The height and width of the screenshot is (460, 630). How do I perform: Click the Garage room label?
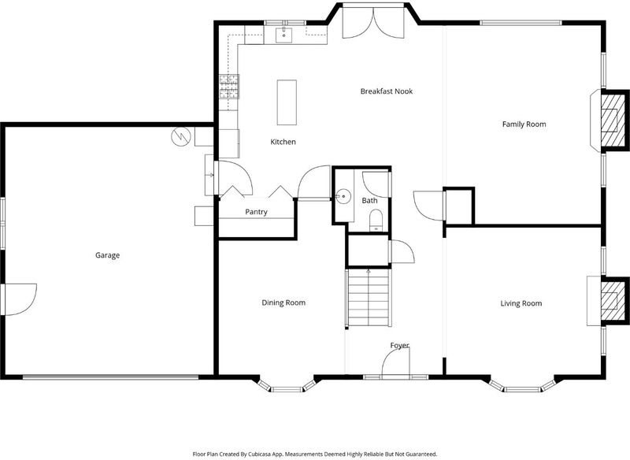pyautogui.click(x=107, y=255)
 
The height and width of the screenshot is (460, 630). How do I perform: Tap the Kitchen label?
pyautogui.click(x=283, y=142)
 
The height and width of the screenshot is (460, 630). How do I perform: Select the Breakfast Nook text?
pyautogui.click(x=387, y=91)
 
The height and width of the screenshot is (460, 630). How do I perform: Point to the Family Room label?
pyautogui.click(x=524, y=124)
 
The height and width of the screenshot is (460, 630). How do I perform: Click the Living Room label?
pyautogui.click(x=521, y=303)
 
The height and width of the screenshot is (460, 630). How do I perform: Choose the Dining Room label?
pyautogui.click(x=283, y=302)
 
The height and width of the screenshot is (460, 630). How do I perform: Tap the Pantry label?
pyautogui.click(x=257, y=212)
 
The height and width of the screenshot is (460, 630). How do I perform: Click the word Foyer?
pyautogui.click(x=399, y=345)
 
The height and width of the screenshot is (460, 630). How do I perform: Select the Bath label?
pyautogui.click(x=369, y=201)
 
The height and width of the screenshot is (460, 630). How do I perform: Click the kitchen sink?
pyautogui.click(x=284, y=35)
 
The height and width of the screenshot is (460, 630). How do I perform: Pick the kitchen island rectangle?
pyautogui.click(x=287, y=102)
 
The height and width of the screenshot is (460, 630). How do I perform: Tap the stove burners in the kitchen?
pyautogui.click(x=229, y=87)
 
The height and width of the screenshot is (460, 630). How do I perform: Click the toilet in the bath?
pyautogui.click(x=376, y=221)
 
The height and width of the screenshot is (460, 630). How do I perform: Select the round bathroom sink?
pyautogui.click(x=343, y=196)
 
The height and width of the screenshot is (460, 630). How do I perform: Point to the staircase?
pyautogui.click(x=369, y=298)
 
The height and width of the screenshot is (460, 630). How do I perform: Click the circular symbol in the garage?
pyautogui.click(x=180, y=136)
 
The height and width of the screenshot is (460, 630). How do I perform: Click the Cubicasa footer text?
pyautogui.click(x=314, y=454)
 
